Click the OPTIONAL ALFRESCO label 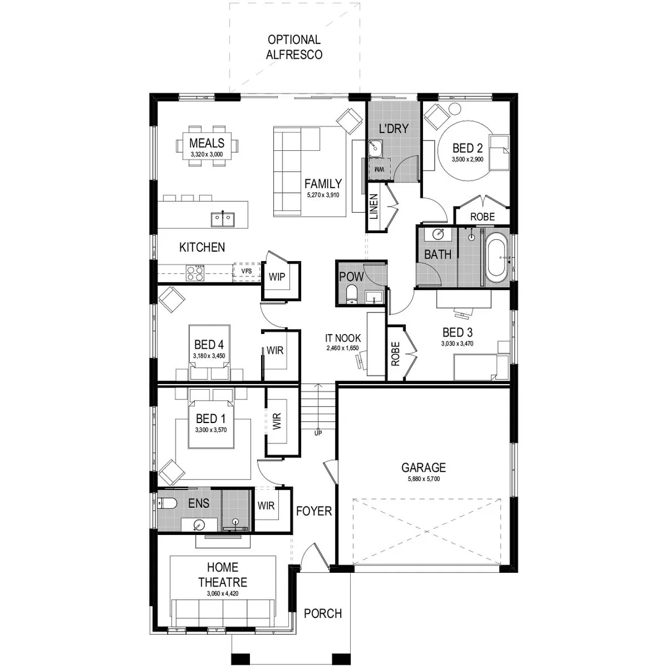pyautogui.click(x=294, y=47)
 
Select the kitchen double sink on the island pyautogui.click(x=221, y=217)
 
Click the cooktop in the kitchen pyautogui.click(x=195, y=273)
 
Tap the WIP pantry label pyautogui.click(x=276, y=276)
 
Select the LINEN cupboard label pyautogui.click(x=374, y=207)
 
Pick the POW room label pyautogui.click(x=351, y=276)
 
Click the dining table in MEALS pyautogui.click(x=207, y=148)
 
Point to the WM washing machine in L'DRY pyautogui.click(x=379, y=168)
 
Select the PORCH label pyautogui.click(x=322, y=614)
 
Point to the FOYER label pyautogui.click(x=314, y=512)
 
